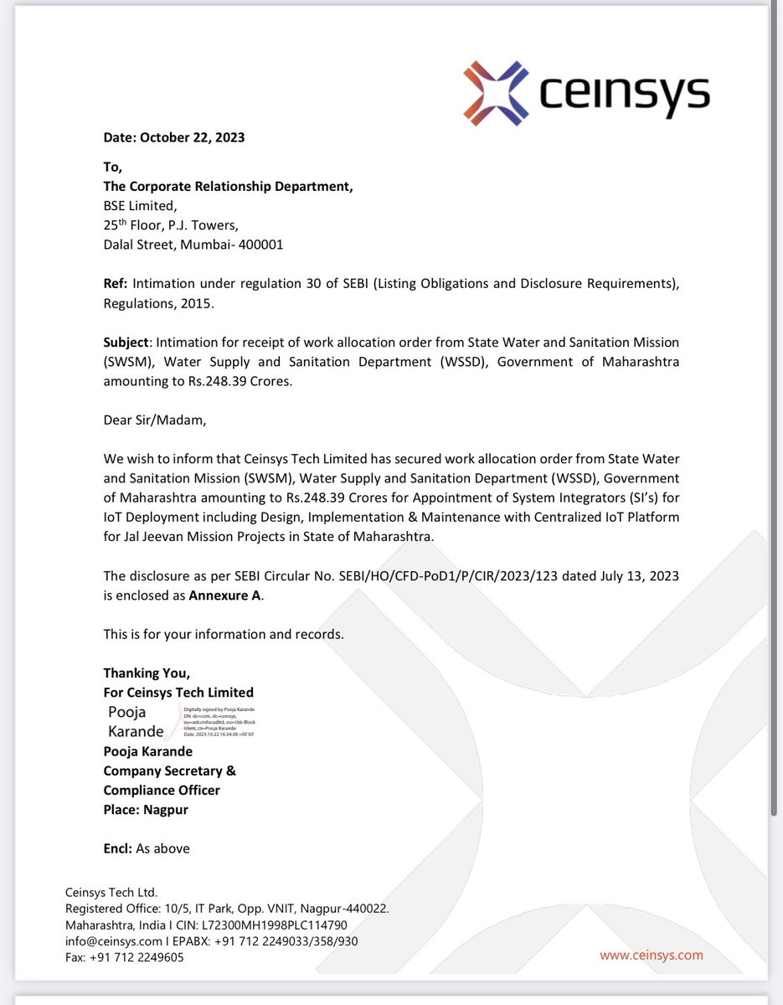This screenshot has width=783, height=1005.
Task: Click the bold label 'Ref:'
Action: [x=116, y=285]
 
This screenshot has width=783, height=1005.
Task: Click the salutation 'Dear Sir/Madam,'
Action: [x=154, y=420]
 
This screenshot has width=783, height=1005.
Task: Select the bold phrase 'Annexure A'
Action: [x=225, y=596]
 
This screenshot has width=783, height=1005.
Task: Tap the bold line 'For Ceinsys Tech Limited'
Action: [x=178, y=693]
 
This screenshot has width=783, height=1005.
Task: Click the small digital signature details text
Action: [x=219, y=721]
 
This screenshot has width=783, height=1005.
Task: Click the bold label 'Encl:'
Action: [x=118, y=848]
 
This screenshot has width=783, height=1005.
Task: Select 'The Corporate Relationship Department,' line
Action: [x=228, y=186]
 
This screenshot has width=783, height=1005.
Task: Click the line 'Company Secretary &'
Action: [x=169, y=770]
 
